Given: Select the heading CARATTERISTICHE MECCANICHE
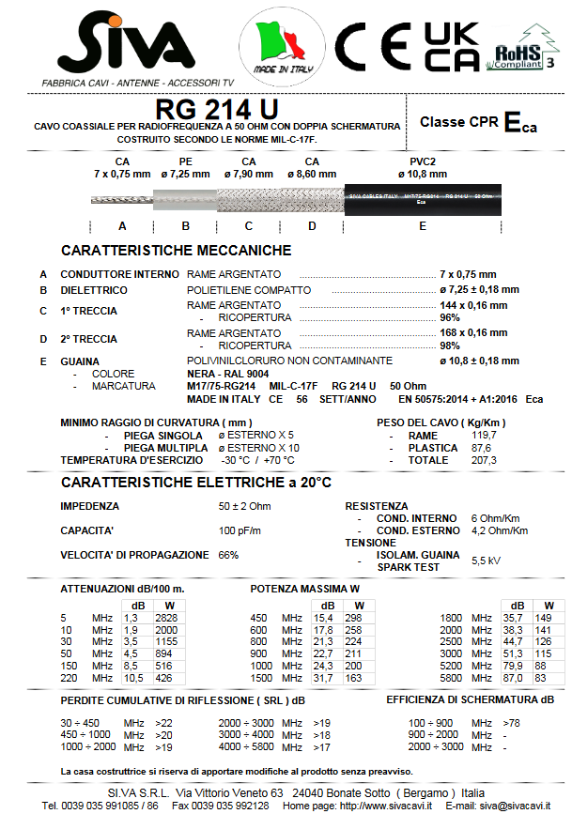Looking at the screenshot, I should tap(176, 251).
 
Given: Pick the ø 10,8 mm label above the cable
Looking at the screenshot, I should tap(422, 174).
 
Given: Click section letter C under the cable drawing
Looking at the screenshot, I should tap(249, 226).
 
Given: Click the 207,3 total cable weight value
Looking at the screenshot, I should tap(484, 461).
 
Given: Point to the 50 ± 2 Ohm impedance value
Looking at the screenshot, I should tap(245, 506).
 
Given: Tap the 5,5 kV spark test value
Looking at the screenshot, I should tap(485, 560).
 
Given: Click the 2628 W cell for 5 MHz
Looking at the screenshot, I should tap(165, 618).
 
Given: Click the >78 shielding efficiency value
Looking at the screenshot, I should tap(511, 722).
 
